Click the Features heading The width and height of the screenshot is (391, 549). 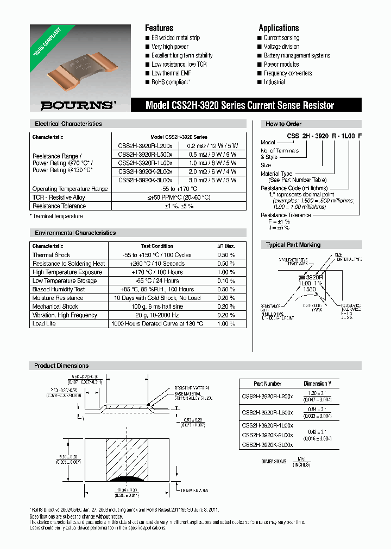click(159, 28)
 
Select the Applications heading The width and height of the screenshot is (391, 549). click(279, 28)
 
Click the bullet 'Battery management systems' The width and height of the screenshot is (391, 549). click(297, 55)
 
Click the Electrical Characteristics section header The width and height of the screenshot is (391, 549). click(68, 124)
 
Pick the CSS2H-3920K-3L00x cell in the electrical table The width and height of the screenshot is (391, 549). click(145, 180)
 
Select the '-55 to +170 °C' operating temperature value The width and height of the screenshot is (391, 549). click(182, 189)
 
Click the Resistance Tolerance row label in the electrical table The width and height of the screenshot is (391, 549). click(59, 206)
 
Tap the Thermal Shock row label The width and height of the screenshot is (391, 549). click(51, 255)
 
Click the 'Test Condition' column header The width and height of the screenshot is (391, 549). click(157, 246)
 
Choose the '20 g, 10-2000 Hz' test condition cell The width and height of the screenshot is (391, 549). click(157, 315)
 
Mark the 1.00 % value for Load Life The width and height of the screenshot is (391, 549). click(226, 324)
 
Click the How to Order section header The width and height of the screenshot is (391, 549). click(283, 124)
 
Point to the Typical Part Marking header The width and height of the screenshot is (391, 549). click(293, 245)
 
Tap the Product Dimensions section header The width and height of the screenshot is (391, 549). click(61, 366)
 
